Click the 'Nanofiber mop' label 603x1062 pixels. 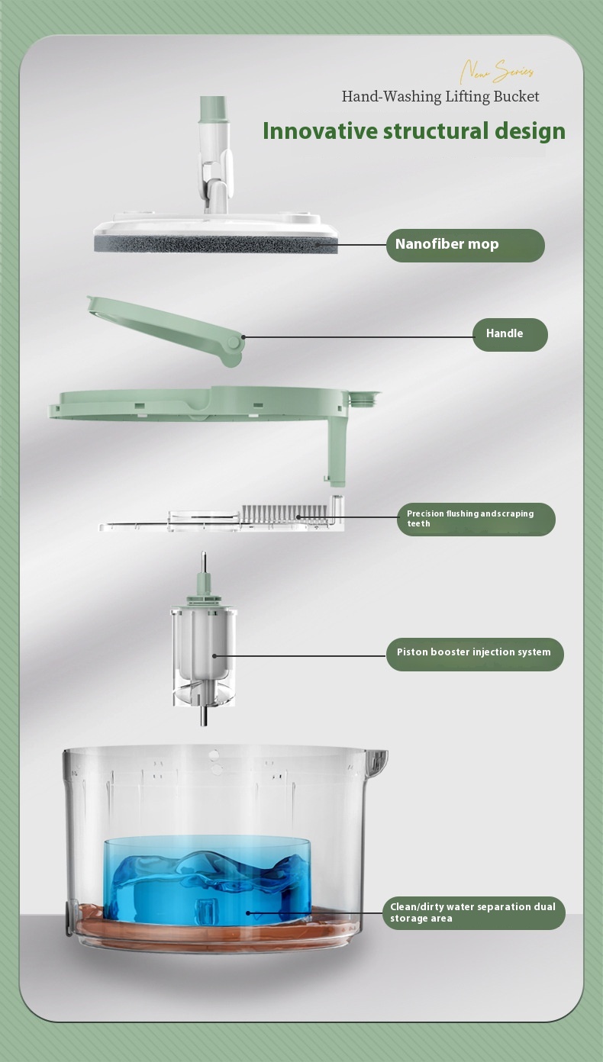(465, 245)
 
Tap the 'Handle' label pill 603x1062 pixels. (510, 334)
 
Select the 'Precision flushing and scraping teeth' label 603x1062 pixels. (476, 519)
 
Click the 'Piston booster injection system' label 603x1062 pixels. (475, 655)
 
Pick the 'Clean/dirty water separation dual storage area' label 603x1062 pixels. (474, 912)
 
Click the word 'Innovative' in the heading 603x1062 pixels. (321, 131)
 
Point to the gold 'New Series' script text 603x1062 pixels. (497, 71)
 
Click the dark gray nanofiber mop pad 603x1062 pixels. (216, 245)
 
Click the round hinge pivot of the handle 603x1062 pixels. (233, 343)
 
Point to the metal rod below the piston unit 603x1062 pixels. (205, 714)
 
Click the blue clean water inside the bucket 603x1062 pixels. (207, 879)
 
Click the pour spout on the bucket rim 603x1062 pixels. (378, 762)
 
